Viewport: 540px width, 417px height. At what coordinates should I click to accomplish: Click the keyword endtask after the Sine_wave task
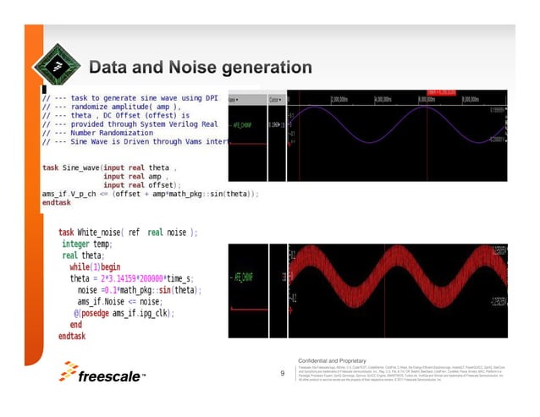tap(57, 203)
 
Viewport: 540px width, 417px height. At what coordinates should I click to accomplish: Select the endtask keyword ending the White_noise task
tap(72, 336)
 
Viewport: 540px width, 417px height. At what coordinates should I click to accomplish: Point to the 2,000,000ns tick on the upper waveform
tap(344, 100)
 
